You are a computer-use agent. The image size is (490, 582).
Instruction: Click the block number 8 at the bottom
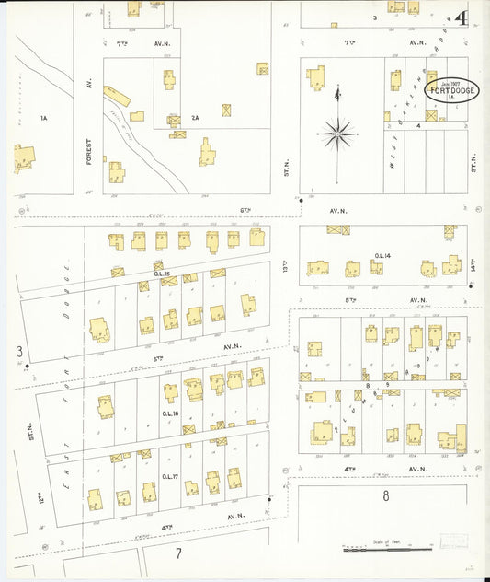pyautogui.click(x=386, y=496)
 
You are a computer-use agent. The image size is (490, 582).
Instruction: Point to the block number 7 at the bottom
pyautogui.click(x=179, y=553)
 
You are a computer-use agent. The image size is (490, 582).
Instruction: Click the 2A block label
pyautogui.click(x=195, y=117)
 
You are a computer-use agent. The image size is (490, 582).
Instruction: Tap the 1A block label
pyautogui.click(x=42, y=118)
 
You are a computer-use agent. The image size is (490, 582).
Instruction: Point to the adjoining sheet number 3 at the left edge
pyautogui.click(x=18, y=352)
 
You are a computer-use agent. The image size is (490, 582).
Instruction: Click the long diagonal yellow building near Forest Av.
pyautogui.click(x=116, y=97)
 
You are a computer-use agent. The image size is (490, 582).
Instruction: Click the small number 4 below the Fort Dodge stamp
pyautogui.click(x=418, y=124)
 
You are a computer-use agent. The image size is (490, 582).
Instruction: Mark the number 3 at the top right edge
pyautogui.click(x=374, y=17)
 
